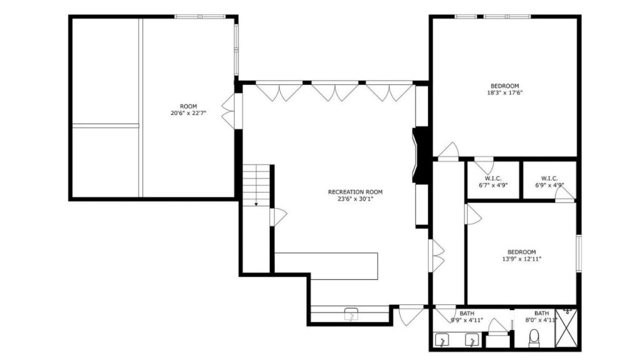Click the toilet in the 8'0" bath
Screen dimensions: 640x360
[534, 338]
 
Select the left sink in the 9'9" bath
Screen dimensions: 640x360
[442, 339]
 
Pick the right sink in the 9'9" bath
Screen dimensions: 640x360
[472, 339]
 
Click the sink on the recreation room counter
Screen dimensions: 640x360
[351, 314]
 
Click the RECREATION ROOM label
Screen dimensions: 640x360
[356, 192]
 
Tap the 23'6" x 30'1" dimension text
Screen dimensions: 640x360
[356, 199]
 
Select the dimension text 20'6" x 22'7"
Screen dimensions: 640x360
[189, 113]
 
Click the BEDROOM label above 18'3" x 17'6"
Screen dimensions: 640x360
[505, 86]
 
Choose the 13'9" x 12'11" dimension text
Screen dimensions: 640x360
[522, 259]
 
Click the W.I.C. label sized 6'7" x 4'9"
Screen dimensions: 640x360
[493, 178]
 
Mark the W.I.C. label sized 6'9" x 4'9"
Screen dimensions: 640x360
[549, 178]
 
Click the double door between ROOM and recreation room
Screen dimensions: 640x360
[231, 112]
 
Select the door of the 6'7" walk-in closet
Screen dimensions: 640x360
[484, 164]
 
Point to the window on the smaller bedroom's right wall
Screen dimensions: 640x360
[578, 253]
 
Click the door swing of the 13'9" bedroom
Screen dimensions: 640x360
[472, 214]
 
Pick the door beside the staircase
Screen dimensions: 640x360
[278, 217]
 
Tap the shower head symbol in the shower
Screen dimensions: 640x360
[567, 312]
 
